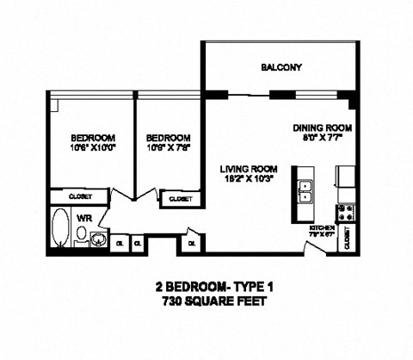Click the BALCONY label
(281, 67)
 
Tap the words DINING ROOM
(323, 127)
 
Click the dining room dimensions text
(323, 137)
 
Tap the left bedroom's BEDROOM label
(93, 137)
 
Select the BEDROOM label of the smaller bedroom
(168, 137)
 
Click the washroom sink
(101, 238)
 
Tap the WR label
(83, 219)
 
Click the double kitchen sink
(305, 190)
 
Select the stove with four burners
(346, 213)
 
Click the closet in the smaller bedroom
(180, 198)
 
